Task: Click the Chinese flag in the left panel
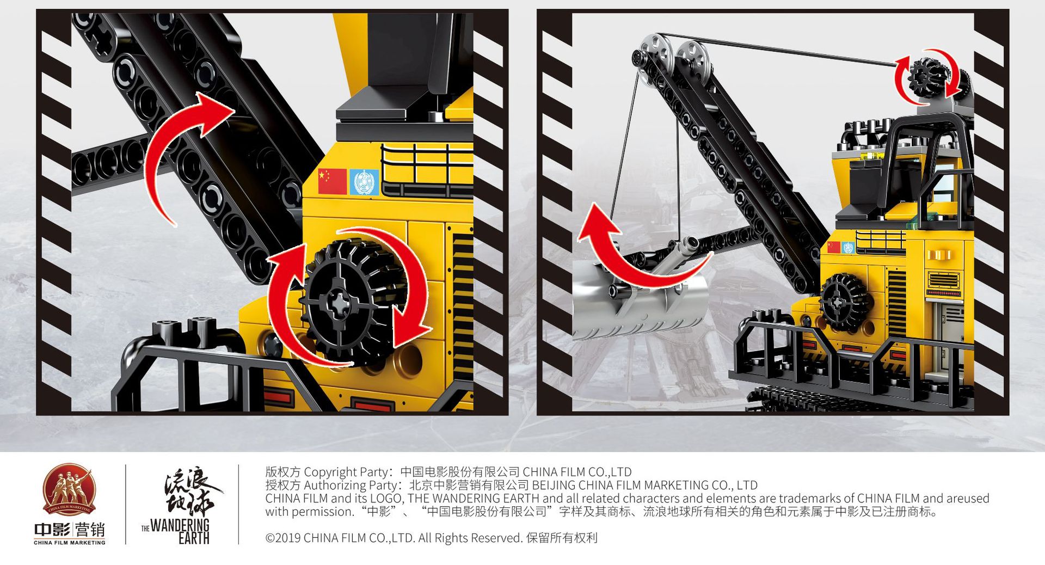click(x=333, y=181)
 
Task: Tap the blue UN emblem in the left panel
click(x=364, y=182)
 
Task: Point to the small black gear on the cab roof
click(x=927, y=77)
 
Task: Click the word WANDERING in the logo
click(x=180, y=525)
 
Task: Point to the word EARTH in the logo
click(x=194, y=538)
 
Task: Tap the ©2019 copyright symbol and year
click(x=283, y=538)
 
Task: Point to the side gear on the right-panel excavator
click(x=843, y=303)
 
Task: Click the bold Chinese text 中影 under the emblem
click(x=52, y=530)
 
